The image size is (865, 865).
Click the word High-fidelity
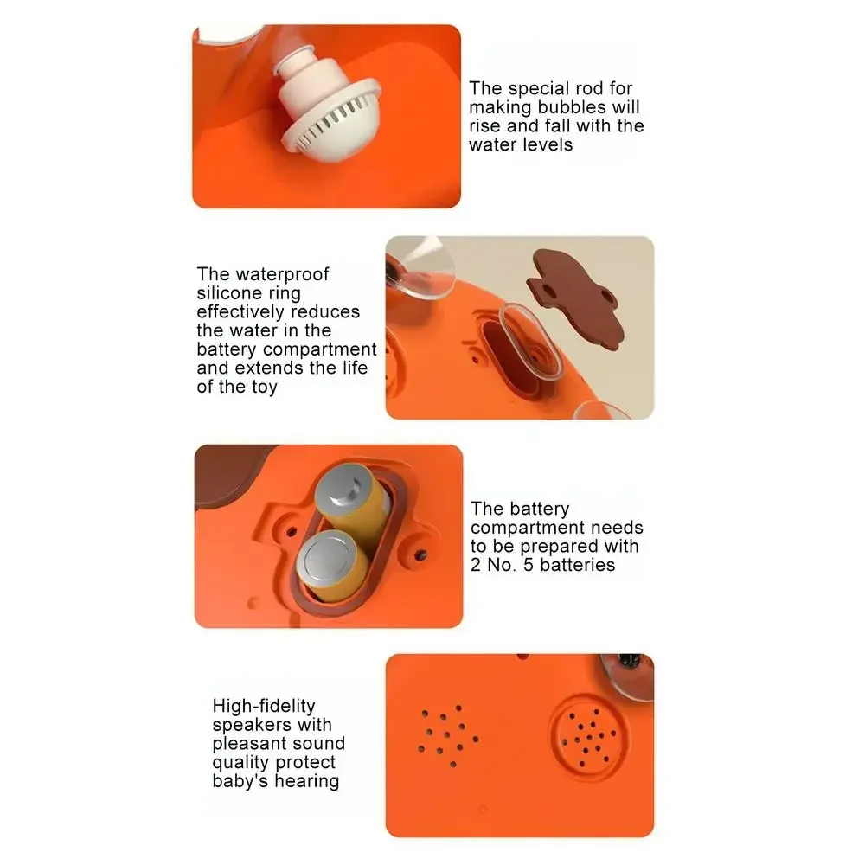264,706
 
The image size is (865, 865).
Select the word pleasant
251,743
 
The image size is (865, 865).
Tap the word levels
545,144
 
